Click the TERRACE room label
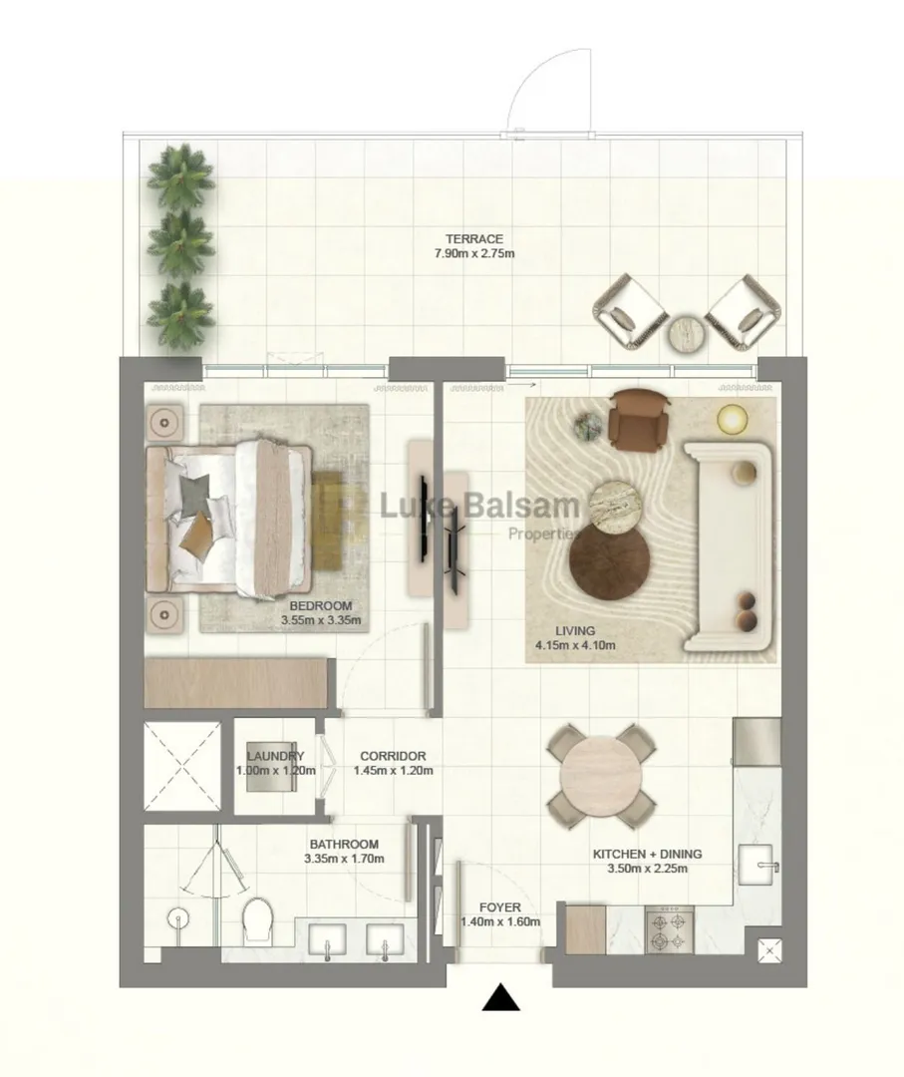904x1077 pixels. pyautogui.click(x=473, y=238)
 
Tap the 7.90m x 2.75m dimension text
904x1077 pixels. pyautogui.click(x=473, y=253)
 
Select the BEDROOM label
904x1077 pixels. pyautogui.click(x=320, y=605)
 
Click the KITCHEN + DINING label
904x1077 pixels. pyautogui.click(x=647, y=854)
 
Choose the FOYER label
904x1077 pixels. pyautogui.click(x=499, y=907)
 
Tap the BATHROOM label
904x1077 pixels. pyautogui.click(x=343, y=844)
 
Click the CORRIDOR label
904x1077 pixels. pyautogui.click(x=393, y=756)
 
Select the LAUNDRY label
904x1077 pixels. pyautogui.click(x=275, y=756)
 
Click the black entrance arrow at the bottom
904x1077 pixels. pyautogui.click(x=500, y=998)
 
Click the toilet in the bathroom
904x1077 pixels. pyautogui.click(x=259, y=919)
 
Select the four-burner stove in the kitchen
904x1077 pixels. pyautogui.click(x=669, y=930)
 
